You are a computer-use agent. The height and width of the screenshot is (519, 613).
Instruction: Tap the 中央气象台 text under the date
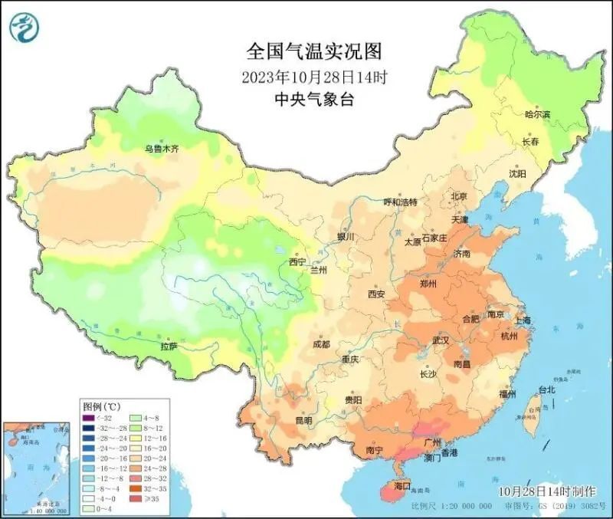313,98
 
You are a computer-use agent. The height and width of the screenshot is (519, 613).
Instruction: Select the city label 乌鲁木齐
162,149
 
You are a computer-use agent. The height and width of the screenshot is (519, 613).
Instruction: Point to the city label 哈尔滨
537,115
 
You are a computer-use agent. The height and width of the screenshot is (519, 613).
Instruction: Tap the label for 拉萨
169,347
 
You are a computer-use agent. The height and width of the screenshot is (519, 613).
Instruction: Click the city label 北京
458,196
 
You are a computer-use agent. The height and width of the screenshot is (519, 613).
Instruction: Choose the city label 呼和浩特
400,202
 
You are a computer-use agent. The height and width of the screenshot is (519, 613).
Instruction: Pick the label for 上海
524,320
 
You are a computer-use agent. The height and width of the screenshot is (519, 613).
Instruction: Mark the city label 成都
321,344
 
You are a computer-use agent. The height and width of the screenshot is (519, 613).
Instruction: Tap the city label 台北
547,389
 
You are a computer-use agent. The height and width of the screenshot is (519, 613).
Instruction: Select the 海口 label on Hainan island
403,486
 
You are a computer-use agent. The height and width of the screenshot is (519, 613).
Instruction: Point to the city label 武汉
441,339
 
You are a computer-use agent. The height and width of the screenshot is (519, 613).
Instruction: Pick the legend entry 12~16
145,438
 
